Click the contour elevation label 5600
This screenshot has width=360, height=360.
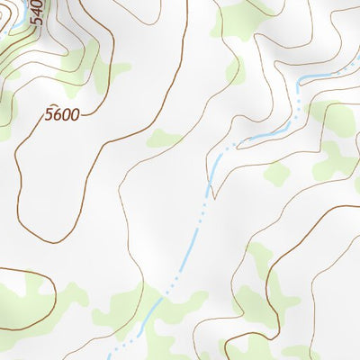pos(62,114)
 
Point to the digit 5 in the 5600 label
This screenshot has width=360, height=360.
pos(49,114)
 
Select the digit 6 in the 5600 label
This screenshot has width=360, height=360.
pos(57,114)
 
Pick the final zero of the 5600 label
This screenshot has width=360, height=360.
pos(75,114)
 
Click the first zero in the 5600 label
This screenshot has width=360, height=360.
pos(66,114)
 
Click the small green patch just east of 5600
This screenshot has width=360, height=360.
pos(163,138)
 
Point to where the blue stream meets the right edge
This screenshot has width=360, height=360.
pos(358,64)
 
